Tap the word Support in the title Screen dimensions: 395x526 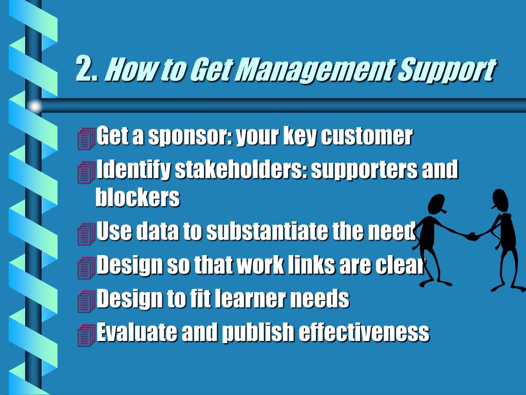pyautogui.click(x=446, y=70)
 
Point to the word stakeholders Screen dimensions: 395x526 pyautogui.click(x=240, y=170)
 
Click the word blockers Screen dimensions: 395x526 pyautogui.click(x=137, y=197)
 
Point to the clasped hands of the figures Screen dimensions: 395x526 pyautogui.click(x=472, y=236)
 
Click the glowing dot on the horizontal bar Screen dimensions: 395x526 pyautogui.click(x=34, y=106)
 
